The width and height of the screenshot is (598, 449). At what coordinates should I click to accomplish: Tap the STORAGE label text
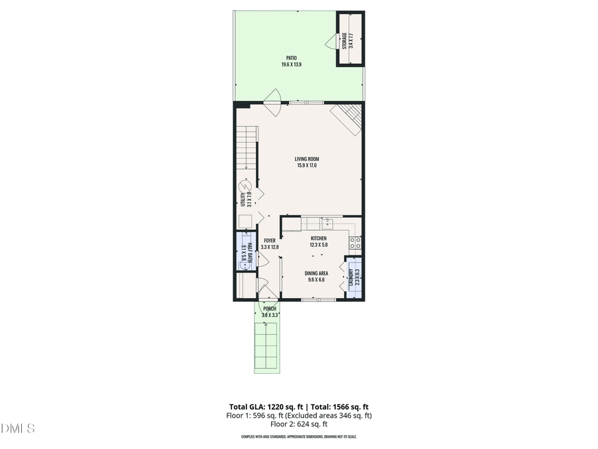(x=344, y=40)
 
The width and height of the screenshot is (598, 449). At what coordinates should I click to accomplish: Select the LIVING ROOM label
(x=308, y=158)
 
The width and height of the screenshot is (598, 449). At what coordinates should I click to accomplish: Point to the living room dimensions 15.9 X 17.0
(x=308, y=166)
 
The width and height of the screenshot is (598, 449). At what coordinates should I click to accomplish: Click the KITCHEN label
(x=318, y=238)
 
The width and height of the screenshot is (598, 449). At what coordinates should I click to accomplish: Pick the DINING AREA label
(x=316, y=273)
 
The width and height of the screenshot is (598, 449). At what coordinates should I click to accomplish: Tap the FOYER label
(x=269, y=240)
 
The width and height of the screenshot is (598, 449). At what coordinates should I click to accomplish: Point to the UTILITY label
(x=243, y=198)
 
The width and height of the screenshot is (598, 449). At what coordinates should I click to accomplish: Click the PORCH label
(x=269, y=309)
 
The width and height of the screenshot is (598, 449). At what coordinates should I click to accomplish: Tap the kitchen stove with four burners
(x=355, y=243)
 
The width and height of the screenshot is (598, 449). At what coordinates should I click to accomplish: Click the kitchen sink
(x=327, y=225)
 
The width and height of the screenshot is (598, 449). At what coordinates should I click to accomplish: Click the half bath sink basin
(x=245, y=264)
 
